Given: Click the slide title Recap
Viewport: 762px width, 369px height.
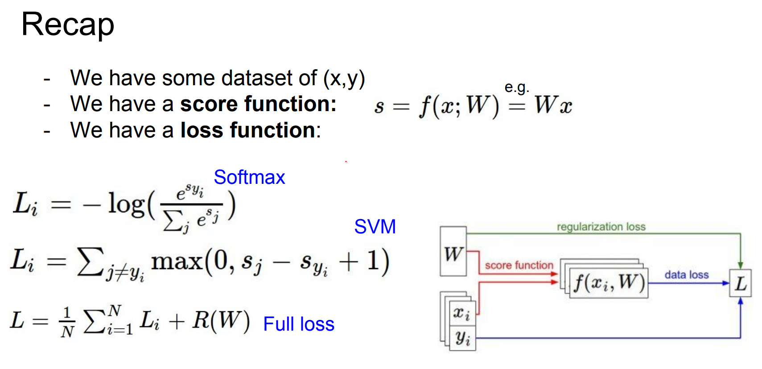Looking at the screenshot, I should [68, 25].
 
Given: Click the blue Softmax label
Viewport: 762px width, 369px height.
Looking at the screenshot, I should [249, 178].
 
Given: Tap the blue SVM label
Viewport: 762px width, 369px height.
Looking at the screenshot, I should [375, 227].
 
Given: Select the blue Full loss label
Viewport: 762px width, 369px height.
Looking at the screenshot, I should [298, 324].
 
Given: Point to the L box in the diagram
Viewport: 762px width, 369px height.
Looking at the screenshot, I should [740, 283].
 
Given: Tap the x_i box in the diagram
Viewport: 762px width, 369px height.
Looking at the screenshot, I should [462, 313].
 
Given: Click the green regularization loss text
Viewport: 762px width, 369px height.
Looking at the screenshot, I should [601, 227].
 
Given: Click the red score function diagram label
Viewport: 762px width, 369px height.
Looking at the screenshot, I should [519, 265].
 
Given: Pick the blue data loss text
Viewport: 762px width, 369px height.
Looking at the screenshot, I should [686, 275].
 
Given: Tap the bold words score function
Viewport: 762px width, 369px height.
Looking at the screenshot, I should [258, 104].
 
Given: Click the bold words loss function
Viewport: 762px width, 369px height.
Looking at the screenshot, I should [248, 130].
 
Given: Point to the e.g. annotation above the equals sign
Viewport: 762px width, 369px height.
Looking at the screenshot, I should [517, 87].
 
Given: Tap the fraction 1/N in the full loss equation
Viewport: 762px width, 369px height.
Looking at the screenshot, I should [67, 322].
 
